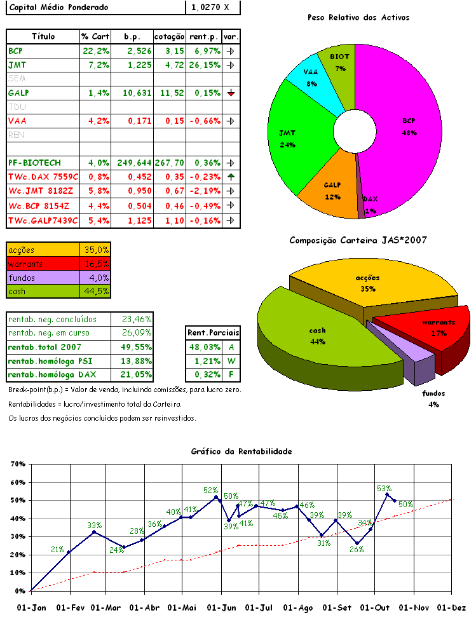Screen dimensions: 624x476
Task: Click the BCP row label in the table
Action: click(15, 50)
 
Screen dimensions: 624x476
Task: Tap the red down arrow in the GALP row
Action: click(231, 93)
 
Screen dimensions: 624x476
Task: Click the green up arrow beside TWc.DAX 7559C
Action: click(231, 177)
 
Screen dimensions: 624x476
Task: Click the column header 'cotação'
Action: click(170, 36)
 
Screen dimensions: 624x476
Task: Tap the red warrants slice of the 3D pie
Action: click(432, 327)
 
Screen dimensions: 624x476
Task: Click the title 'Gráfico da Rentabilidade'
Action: click(241, 451)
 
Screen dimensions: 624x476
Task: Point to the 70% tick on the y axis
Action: click(17, 465)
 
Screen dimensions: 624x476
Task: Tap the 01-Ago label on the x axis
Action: click(299, 608)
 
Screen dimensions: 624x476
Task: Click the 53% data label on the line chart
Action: click(384, 489)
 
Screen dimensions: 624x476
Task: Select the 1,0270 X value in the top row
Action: click(214, 8)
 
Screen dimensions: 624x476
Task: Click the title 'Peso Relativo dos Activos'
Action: click(358, 17)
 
